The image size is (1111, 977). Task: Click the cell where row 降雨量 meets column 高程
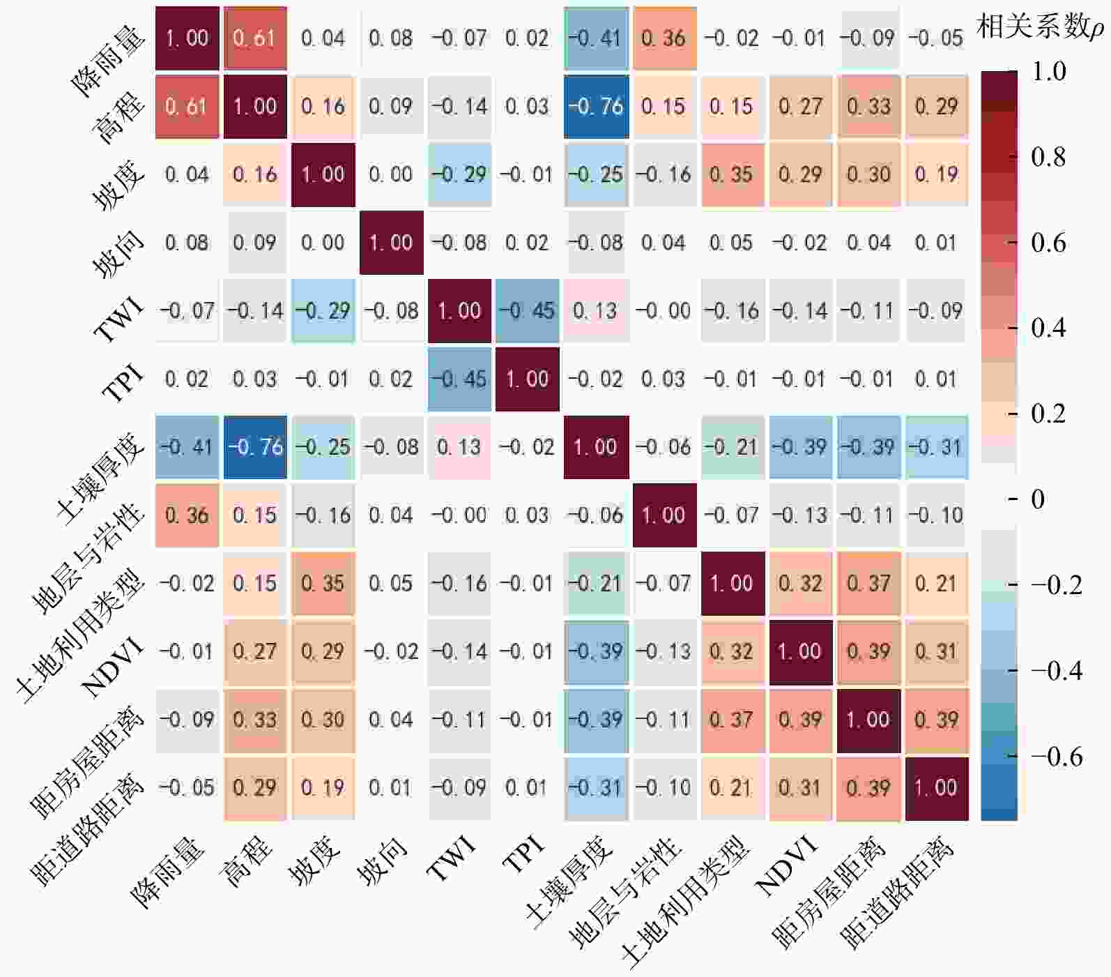pos(255,38)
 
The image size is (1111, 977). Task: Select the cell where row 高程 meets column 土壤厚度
pos(596,106)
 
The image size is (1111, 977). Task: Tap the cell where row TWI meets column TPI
pos(528,310)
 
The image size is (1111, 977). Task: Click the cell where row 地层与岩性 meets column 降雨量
pos(187,515)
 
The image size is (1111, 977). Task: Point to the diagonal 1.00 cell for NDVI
pos(800,651)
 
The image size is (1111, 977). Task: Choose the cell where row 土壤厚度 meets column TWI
pos(459,447)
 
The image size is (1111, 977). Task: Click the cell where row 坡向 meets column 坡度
pos(323,242)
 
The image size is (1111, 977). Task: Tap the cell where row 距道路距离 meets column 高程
pos(255,788)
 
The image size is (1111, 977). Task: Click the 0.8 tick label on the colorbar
pos(1048,157)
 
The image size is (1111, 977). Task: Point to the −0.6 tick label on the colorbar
pos(1056,757)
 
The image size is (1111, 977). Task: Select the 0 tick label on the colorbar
pos(1038,499)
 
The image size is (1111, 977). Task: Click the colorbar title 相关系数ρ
pos(1040,28)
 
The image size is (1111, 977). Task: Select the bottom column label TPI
pos(523,856)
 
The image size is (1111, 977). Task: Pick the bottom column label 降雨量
pos(169,872)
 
